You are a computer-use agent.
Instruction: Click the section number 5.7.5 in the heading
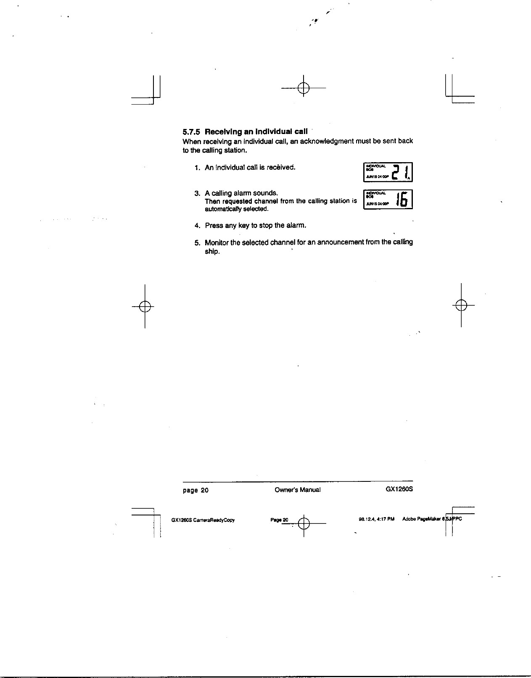192,131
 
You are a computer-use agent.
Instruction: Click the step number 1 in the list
197,168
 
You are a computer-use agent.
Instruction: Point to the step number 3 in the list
197,193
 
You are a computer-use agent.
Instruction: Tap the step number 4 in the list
197,226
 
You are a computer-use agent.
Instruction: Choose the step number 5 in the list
197,242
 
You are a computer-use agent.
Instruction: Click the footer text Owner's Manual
297,490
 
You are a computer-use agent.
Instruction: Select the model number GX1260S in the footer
399,490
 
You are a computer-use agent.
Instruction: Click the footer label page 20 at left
195,490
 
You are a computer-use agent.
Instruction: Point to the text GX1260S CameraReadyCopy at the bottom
203,520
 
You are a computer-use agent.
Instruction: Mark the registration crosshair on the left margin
145,306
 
